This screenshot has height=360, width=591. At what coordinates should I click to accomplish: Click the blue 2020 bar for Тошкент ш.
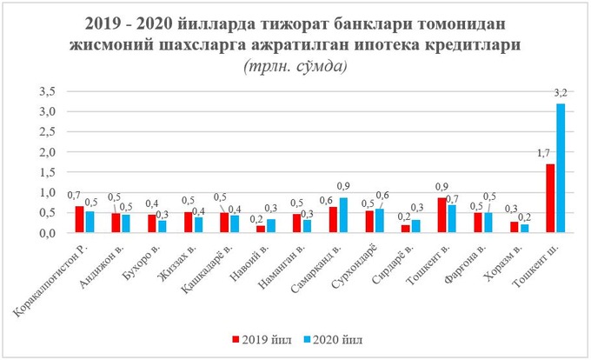coord(561,168)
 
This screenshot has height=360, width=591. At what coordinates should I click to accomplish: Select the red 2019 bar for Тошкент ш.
coord(550,198)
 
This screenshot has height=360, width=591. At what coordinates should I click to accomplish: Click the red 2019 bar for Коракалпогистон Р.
coord(80,219)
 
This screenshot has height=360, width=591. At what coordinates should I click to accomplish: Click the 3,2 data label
coord(561,94)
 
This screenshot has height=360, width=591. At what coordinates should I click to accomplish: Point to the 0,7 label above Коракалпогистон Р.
coord(76,196)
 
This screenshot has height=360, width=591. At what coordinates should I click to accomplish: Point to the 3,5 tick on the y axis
coord(49,91)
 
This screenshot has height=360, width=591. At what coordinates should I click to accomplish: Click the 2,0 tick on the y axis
coord(49,152)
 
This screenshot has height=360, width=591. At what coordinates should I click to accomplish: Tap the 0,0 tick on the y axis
coord(49,233)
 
